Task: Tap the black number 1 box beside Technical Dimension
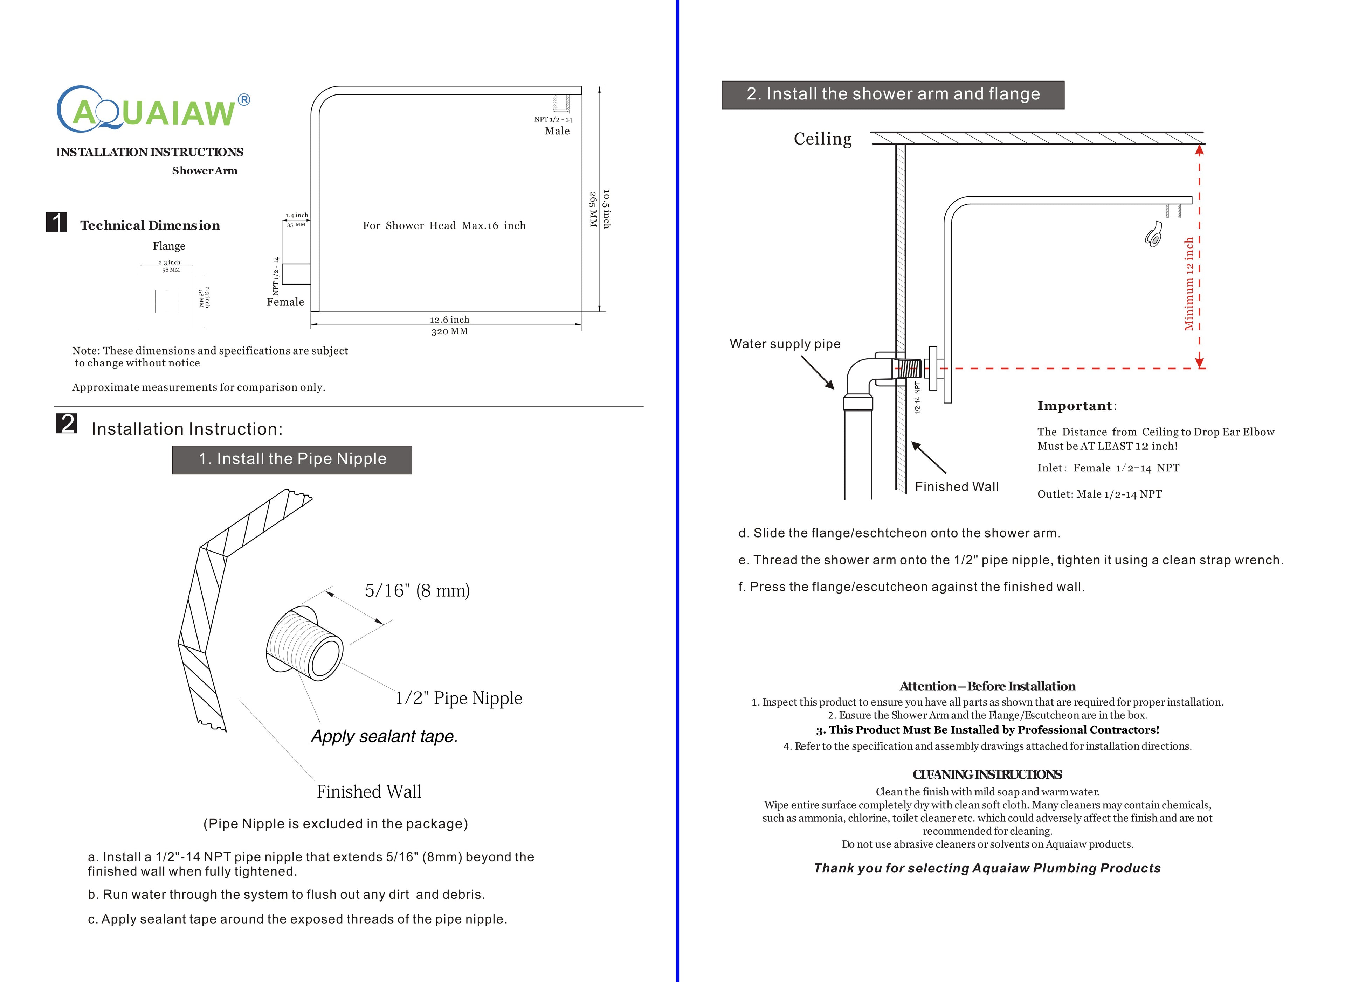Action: [x=56, y=222]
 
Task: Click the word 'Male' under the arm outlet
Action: [x=557, y=131]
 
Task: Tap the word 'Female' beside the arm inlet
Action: [x=285, y=302]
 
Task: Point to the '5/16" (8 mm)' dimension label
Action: [x=417, y=590]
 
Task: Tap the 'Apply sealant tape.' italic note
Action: [x=384, y=736]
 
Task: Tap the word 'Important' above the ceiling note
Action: [x=1074, y=406]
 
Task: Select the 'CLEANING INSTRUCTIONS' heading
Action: [x=987, y=774]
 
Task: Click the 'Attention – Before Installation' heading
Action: [x=987, y=687]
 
